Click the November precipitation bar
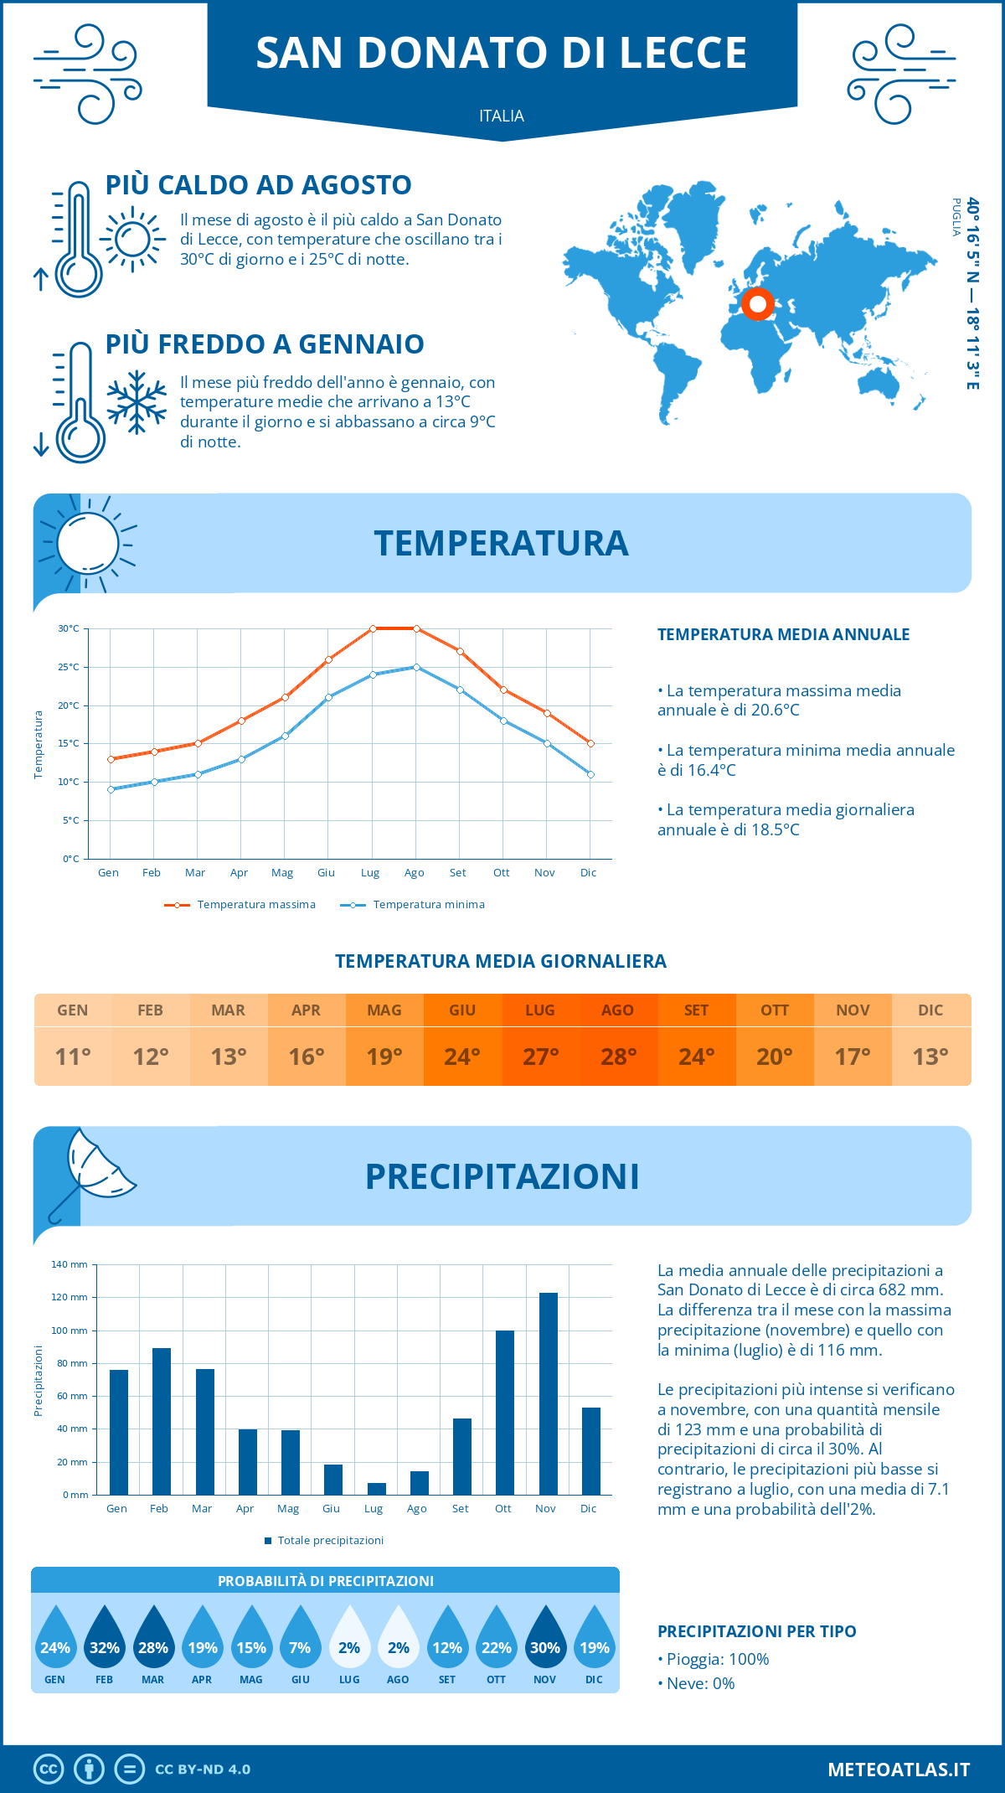point(548,1394)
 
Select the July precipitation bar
point(377,1489)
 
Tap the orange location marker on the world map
point(757,304)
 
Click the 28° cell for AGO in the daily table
point(618,1057)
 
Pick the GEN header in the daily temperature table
point(73,1010)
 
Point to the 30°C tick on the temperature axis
point(69,628)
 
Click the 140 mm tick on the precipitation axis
point(70,1264)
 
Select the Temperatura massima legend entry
point(240,905)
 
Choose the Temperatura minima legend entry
point(413,905)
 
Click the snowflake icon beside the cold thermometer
point(137,402)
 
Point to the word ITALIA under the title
point(502,116)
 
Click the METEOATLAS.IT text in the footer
point(899,1770)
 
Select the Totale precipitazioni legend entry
point(324,1540)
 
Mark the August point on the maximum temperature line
point(416,628)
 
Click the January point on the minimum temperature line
point(111,789)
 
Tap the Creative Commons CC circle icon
point(49,1770)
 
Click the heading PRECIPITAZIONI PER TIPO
point(757,1631)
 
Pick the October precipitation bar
point(504,1413)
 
